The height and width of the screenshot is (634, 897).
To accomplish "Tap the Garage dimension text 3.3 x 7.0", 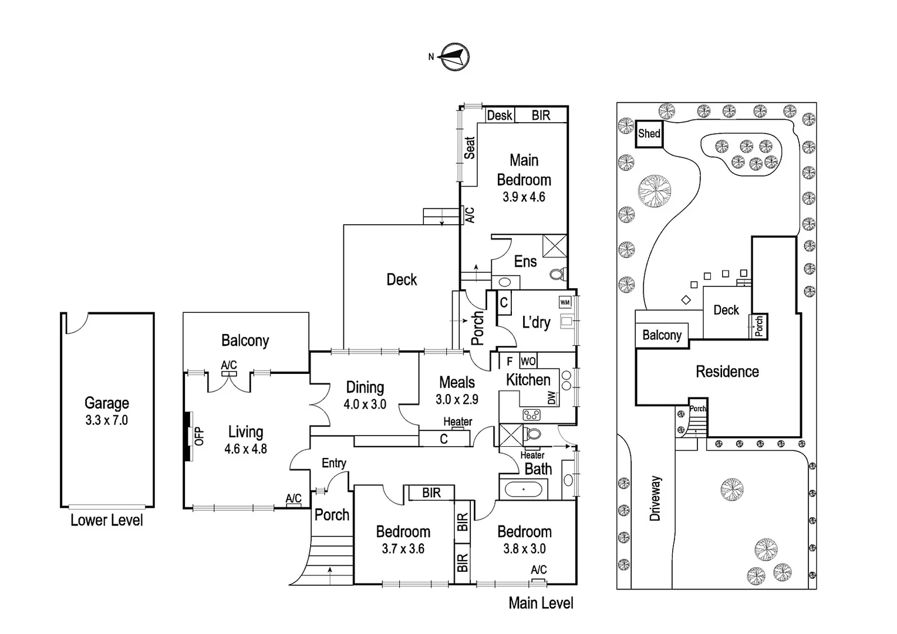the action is pyautogui.click(x=106, y=420).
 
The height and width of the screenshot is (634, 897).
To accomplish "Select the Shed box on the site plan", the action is pyautogui.click(x=649, y=134).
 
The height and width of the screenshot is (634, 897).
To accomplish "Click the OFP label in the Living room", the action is pyautogui.click(x=200, y=436).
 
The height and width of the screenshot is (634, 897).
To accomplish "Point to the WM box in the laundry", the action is pyautogui.click(x=565, y=302).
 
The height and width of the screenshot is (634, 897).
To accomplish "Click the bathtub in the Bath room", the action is pyautogui.click(x=524, y=489).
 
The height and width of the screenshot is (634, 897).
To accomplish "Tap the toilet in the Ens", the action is pyautogui.click(x=558, y=274).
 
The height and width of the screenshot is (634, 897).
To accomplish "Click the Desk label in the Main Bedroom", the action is pyautogui.click(x=500, y=115).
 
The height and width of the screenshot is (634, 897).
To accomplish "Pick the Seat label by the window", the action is pyautogui.click(x=470, y=148).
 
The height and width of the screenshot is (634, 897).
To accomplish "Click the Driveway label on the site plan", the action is pyautogui.click(x=656, y=498).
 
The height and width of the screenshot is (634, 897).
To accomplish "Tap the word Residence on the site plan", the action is pyautogui.click(x=727, y=372).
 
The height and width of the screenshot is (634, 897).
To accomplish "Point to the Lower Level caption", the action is pyautogui.click(x=106, y=520).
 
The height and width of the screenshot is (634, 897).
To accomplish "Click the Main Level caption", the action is pyautogui.click(x=541, y=603).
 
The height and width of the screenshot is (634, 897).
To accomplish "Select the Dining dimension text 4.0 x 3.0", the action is pyautogui.click(x=365, y=404).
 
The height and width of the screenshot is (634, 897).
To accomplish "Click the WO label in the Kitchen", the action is pyautogui.click(x=528, y=361).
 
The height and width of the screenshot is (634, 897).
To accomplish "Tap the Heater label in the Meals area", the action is pyautogui.click(x=458, y=421).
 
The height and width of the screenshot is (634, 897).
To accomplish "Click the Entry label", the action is pyautogui.click(x=334, y=463).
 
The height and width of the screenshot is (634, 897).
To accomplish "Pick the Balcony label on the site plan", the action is pyautogui.click(x=662, y=335).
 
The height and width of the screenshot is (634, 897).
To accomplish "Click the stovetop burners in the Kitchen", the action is pyautogui.click(x=531, y=415).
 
